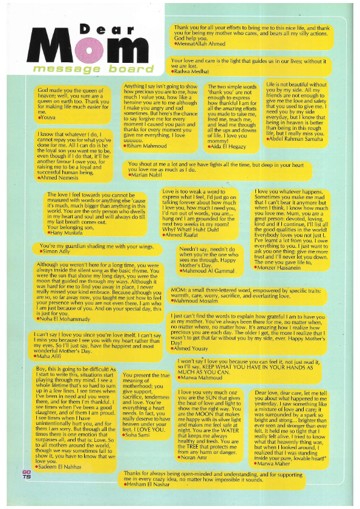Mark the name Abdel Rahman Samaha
pos(299,140)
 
